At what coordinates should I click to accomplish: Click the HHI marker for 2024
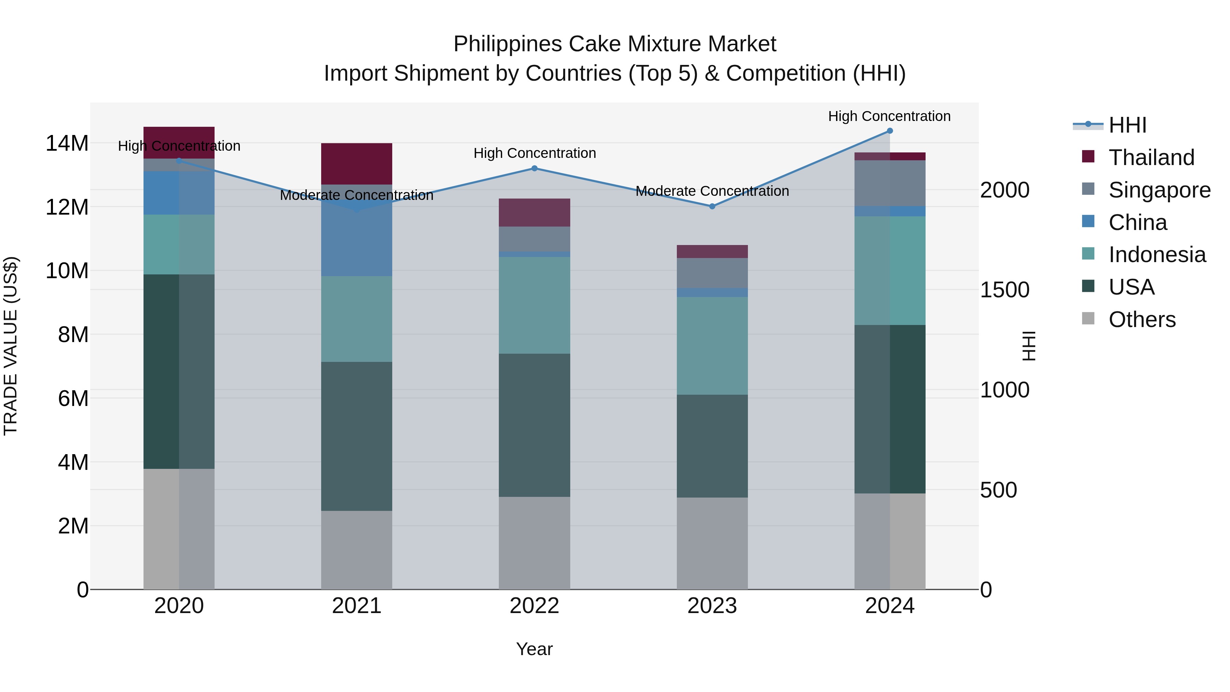(890, 131)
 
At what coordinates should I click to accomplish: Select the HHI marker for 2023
(712, 206)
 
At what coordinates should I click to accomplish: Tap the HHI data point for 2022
(534, 168)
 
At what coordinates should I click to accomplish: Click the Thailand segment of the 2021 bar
(357, 163)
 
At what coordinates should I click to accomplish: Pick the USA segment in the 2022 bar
(534, 425)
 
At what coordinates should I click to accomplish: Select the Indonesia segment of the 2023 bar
(712, 346)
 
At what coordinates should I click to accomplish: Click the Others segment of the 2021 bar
(357, 550)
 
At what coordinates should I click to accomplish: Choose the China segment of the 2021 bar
(357, 239)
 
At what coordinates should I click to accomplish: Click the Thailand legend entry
(1151, 158)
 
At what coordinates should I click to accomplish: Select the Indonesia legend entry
(1157, 255)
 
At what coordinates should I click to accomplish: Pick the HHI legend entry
(1127, 125)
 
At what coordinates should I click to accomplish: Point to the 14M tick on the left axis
(67, 143)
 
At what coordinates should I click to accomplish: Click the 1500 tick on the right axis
(1004, 290)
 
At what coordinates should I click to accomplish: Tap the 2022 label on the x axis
(534, 606)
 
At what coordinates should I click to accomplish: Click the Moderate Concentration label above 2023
(712, 191)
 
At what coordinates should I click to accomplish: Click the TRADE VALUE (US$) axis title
(11, 346)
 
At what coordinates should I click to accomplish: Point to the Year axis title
(534, 649)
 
